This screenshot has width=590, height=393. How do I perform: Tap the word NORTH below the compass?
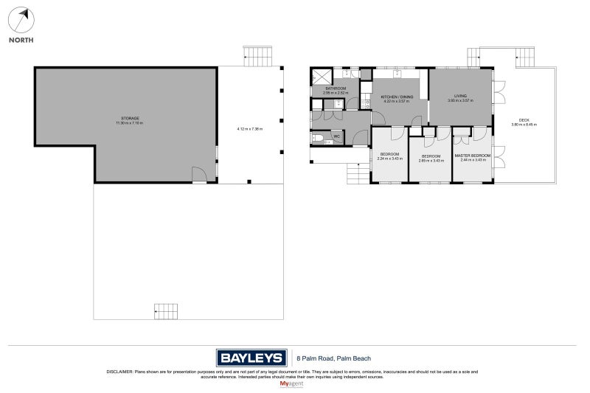pos(21,41)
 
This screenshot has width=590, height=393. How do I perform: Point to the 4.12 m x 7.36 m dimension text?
pos(250,129)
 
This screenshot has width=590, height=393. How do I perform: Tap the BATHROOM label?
pos(335,89)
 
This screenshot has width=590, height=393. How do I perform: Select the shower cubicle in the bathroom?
pos(322,76)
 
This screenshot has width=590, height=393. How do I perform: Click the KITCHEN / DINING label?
pos(397,97)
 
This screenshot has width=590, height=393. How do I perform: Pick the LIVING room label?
pos(460,96)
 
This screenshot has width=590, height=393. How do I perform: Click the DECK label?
pos(524,120)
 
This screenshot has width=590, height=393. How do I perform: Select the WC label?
pos(336,136)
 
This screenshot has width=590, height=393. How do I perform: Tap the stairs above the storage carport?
pos(257,56)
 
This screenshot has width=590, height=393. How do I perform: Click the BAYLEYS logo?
pos(251,358)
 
